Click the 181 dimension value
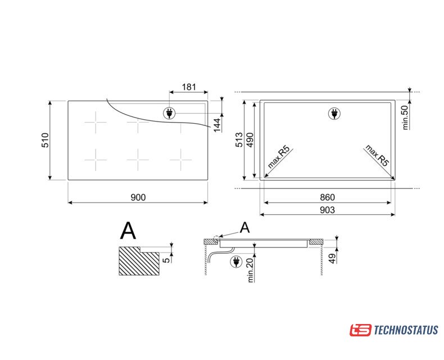pyautogui.click(x=189, y=87)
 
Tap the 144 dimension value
pyautogui.click(x=217, y=125)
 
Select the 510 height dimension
pyautogui.click(x=46, y=140)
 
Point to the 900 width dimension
pyautogui.click(x=138, y=197)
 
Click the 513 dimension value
pyautogui.click(x=239, y=139)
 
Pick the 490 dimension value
pyautogui.click(x=250, y=139)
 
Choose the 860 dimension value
pyautogui.click(x=327, y=197)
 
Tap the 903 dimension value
pyautogui.click(x=327, y=210)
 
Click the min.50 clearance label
pyautogui.click(x=405, y=118)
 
